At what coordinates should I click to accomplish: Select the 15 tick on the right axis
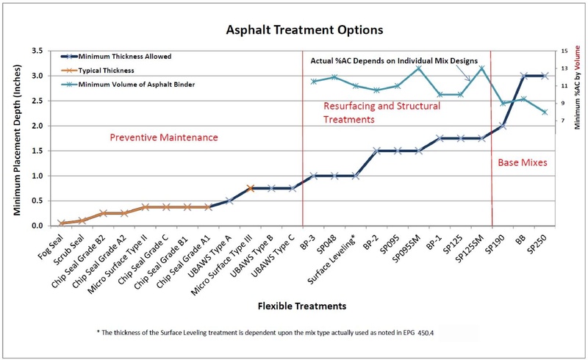[x=564, y=51]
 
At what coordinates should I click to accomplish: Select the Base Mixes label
[x=523, y=162]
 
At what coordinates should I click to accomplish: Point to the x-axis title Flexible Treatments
[x=301, y=304]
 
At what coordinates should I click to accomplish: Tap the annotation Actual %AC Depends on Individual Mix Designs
[x=395, y=60]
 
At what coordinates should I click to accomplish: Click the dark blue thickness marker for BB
[x=523, y=76]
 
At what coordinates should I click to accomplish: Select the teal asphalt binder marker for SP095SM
[x=418, y=68]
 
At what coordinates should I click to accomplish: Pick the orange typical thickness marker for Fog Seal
[x=62, y=223]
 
